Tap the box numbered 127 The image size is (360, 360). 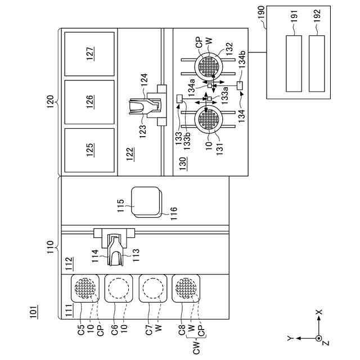90,54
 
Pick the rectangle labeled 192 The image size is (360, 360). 317,62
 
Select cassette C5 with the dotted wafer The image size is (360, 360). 84,289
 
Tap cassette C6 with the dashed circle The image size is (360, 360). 118,289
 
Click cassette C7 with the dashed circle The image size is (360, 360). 152,289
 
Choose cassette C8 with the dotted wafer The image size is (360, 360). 186,289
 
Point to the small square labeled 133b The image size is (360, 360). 179,99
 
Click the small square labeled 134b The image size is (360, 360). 240,85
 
